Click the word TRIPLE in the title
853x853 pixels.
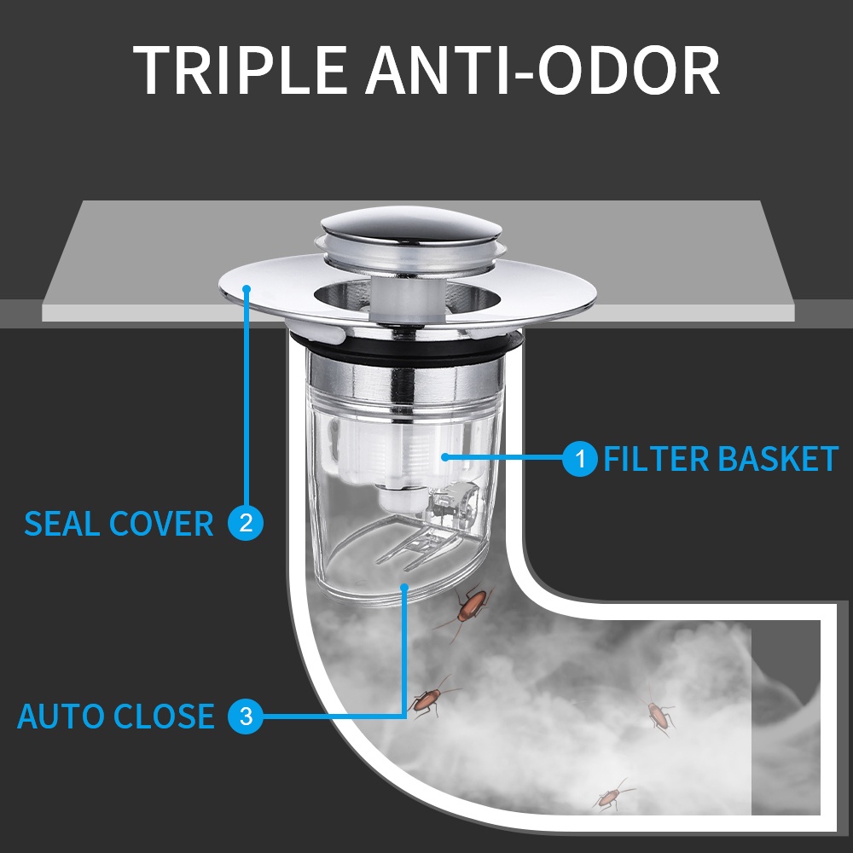coord(240,70)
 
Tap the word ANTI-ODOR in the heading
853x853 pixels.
coord(542,70)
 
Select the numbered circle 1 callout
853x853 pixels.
coord(580,459)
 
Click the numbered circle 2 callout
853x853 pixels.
coord(246,523)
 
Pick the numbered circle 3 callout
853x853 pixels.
coord(246,716)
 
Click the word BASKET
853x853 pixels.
coord(779,459)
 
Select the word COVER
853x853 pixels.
coord(161,524)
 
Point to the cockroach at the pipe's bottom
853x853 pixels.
coord(612,796)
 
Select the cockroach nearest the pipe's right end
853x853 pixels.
coord(659,714)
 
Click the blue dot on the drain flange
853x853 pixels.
coord(247,288)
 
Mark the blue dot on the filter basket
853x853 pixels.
coord(445,457)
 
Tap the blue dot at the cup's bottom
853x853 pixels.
coord(403,587)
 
